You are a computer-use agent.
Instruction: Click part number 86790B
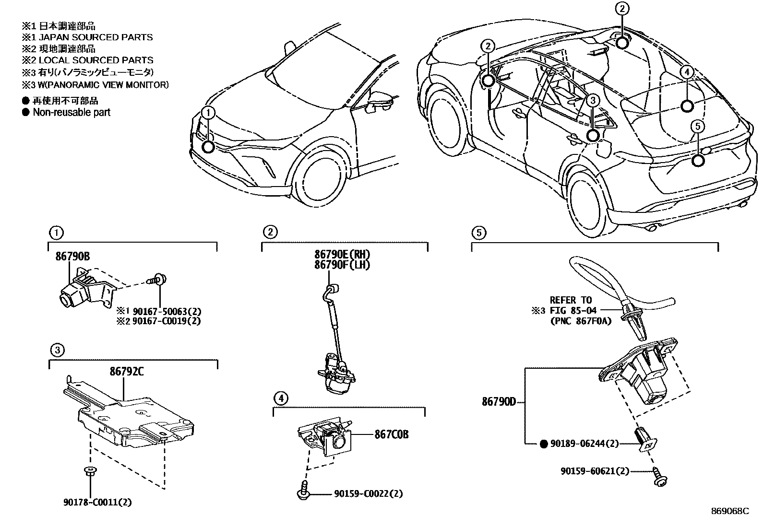click(72, 257)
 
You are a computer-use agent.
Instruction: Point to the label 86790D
click(499, 402)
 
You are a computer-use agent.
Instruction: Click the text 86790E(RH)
click(343, 254)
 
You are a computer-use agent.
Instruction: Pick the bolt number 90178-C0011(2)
click(97, 503)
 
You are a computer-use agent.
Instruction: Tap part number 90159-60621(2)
click(594, 471)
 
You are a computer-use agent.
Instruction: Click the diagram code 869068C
click(730, 511)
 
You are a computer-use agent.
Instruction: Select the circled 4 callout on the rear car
click(687, 72)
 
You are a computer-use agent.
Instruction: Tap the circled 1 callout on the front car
click(208, 113)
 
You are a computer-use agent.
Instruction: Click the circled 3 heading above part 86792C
click(57, 351)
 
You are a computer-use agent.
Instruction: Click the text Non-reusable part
click(71, 113)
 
